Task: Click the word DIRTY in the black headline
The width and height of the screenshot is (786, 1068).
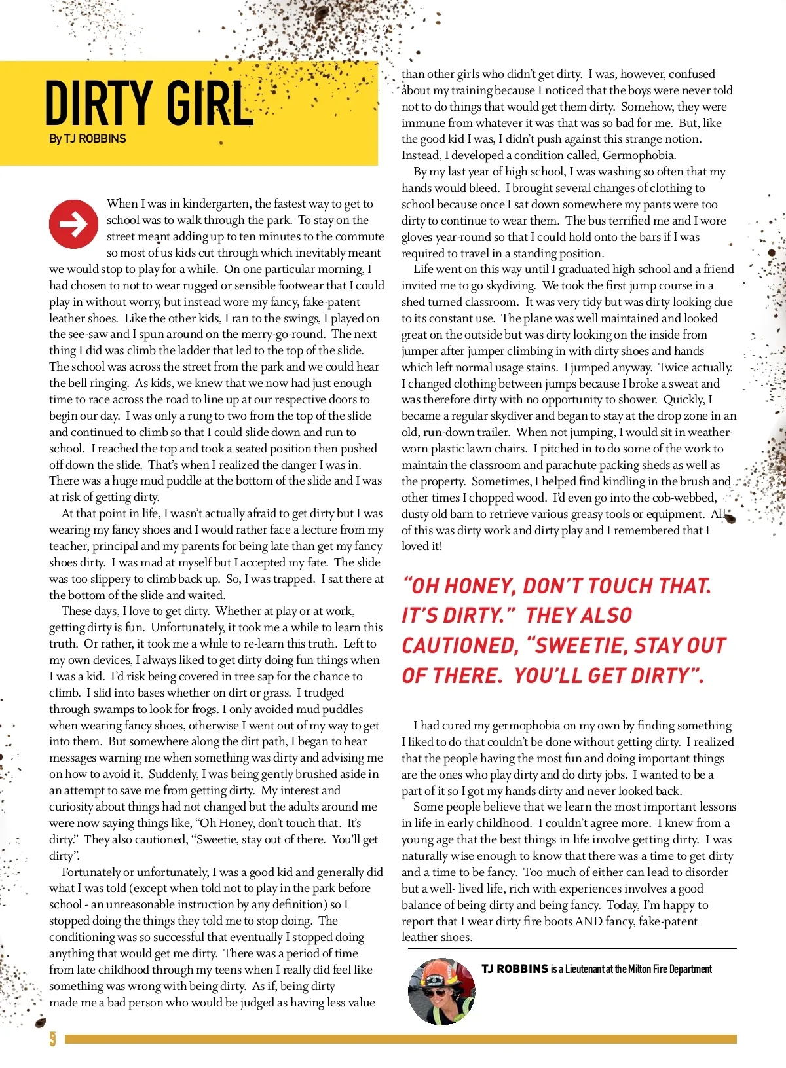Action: pos(98,103)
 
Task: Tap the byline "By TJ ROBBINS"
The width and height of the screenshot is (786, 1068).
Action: pos(87,139)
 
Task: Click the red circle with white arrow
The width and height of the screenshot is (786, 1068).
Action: pos(73,224)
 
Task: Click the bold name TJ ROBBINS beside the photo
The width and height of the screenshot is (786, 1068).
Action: pos(514,969)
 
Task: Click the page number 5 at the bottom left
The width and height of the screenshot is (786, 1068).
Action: pos(52,1039)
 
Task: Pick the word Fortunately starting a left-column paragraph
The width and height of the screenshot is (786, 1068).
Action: pos(91,872)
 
